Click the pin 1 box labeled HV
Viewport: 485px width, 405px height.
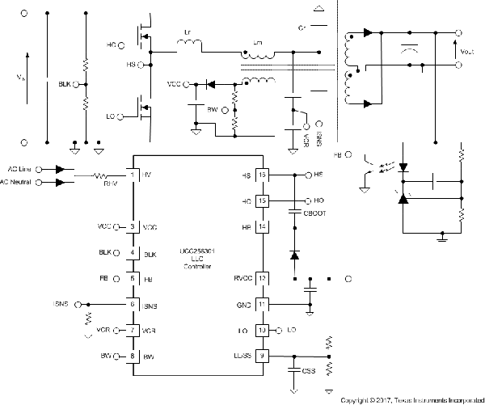tap(133, 175)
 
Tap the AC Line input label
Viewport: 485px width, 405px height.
tap(36, 169)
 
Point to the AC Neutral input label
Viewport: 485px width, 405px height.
tap(33, 183)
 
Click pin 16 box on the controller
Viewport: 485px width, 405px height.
tap(262, 175)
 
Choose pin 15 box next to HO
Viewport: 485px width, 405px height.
tap(262, 200)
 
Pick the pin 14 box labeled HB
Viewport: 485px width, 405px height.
tap(262, 227)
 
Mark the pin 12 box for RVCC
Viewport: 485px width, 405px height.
tap(262, 278)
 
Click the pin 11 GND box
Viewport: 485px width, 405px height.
tap(262, 304)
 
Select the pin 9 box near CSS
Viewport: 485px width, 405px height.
tap(262, 355)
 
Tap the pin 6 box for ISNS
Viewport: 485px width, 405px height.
tap(133, 304)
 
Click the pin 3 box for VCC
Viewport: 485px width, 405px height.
tap(133, 227)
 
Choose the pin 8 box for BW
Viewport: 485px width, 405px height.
tap(133, 355)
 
